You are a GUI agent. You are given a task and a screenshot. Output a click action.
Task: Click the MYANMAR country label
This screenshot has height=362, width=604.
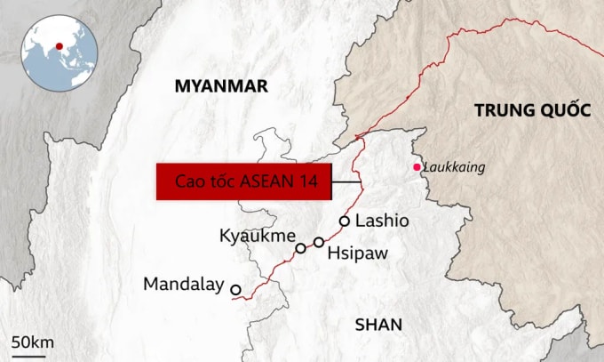tap(221, 85)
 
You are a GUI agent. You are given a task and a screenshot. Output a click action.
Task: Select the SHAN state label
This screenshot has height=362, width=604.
tap(378, 325)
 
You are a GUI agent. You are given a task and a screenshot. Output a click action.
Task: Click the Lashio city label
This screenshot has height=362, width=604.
tap(382, 221)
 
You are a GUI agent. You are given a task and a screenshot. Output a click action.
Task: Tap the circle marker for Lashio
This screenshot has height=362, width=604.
tap(345, 221)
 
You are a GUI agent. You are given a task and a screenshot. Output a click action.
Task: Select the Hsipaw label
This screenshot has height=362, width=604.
tap(355, 253)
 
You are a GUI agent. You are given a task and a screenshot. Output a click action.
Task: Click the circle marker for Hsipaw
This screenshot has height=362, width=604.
tap(319, 242)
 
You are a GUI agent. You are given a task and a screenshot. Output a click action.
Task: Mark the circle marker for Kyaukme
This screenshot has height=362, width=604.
tap(300, 248)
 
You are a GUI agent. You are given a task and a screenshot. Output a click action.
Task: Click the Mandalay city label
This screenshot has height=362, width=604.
tap(183, 285)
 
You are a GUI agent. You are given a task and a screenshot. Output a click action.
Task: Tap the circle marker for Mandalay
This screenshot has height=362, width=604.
tap(235, 289)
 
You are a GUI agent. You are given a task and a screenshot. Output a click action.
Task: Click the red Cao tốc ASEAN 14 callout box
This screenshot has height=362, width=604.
tap(243, 182)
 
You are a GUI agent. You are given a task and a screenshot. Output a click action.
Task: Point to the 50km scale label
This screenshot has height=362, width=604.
tap(33, 342)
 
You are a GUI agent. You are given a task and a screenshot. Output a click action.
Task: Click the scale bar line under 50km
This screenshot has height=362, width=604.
tap(28, 354)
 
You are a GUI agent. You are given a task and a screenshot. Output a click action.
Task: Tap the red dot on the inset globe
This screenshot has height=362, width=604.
tap(59, 46)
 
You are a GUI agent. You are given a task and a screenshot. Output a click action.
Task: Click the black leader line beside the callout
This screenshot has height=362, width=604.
tap(347, 183)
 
